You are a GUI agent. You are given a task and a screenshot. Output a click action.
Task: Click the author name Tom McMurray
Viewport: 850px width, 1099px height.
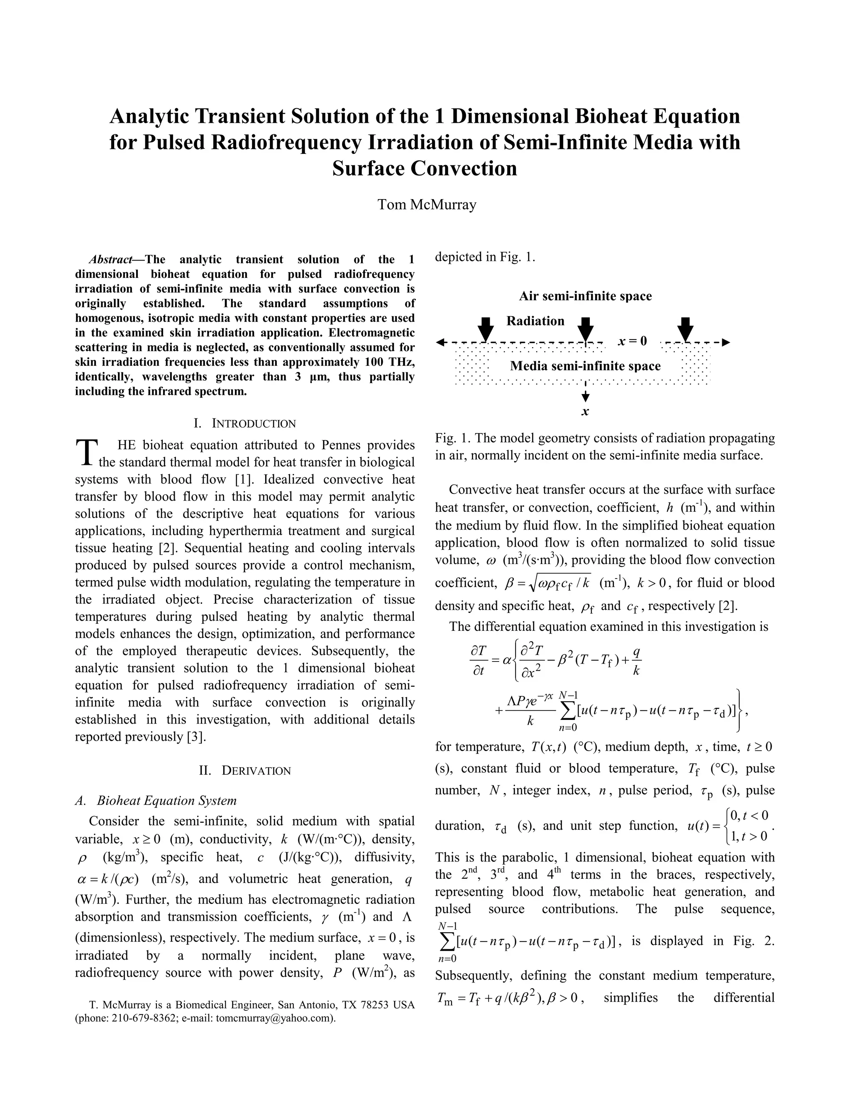pyautogui.click(x=427, y=205)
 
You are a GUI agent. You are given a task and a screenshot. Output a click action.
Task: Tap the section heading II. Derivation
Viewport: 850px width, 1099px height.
pyautogui.click(x=245, y=771)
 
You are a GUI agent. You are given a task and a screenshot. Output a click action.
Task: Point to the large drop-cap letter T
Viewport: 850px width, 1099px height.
pyautogui.click(x=85, y=452)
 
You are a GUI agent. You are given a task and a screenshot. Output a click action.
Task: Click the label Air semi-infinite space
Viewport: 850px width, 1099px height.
pyautogui.click(x=585, y=296)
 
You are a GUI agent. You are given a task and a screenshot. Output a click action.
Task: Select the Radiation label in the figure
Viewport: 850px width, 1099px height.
pyautogui.click(x=535, y=321)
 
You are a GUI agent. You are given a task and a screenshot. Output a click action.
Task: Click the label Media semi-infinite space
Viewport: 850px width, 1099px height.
pyautogui.click(x=585, y=366)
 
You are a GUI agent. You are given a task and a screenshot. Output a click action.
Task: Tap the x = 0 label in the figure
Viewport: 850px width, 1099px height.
pyautogui.click(x=633, y=341)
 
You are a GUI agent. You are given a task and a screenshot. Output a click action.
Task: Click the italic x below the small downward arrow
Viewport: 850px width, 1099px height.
pyautogui.click(x=585, y=412)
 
